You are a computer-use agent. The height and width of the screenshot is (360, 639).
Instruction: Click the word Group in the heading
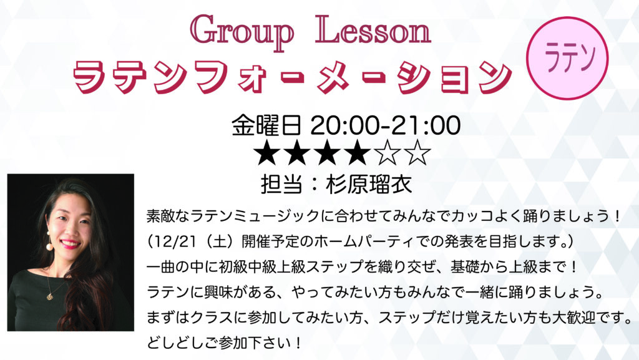(x=242, y=32)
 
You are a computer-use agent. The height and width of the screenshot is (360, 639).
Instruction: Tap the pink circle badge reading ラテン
(x=567, y=58)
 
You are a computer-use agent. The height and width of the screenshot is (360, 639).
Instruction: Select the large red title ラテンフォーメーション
(x=292, y=77)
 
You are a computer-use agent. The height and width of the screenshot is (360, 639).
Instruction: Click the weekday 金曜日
(x=266, y=125)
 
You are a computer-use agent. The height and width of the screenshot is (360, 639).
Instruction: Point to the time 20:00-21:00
(x=386, y=125)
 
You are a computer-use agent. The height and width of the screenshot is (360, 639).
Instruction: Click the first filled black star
(x=267, y=153)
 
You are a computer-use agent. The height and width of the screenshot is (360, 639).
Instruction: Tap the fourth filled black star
(x=357, y=153)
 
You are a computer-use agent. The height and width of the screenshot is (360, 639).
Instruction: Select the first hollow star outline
(x=387, y=153)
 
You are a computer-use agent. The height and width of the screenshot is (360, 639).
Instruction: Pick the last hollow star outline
(x=416, y=153)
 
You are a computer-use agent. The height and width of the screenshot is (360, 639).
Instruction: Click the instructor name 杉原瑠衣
(x=368, y=185)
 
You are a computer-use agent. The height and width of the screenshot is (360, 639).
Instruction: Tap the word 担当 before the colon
(x=281, y=185)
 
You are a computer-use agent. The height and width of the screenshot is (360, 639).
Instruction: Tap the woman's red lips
(x=71, y=244)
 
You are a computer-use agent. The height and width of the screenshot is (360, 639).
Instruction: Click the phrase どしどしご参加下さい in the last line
(x=219, y=343)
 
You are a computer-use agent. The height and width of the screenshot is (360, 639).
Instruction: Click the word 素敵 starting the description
(x=161, y=216)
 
